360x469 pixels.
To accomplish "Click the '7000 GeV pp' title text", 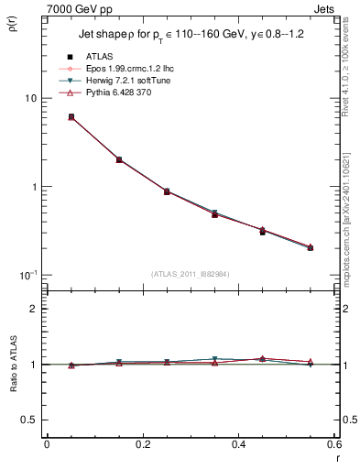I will (73, 7).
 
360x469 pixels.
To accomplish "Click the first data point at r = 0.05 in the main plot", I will (71, 117).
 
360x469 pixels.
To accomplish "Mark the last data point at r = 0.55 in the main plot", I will (311, 247).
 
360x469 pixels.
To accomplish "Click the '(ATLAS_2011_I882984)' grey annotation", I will (190, 275).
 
